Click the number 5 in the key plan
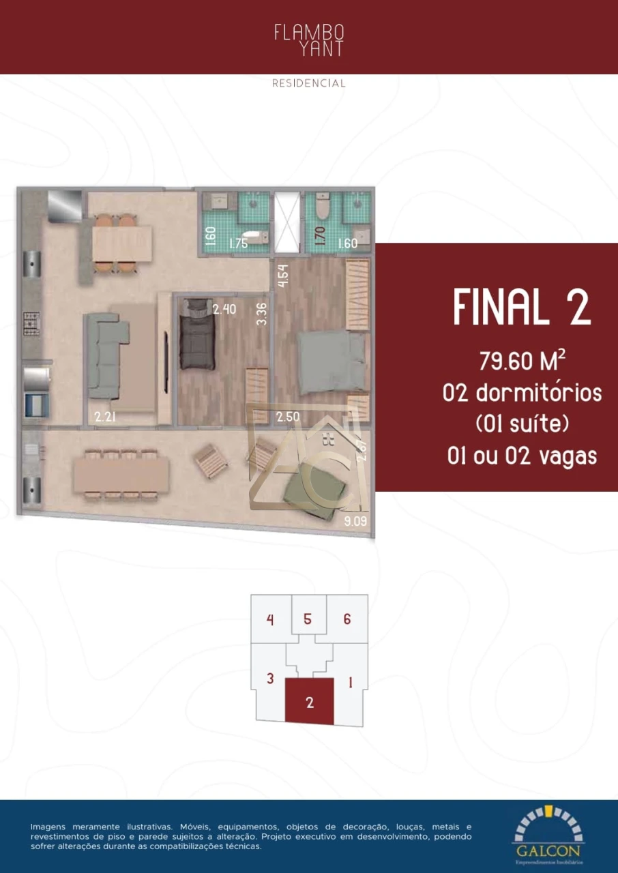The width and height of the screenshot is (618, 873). coord(308,619)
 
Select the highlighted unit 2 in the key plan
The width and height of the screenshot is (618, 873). coord(310,702)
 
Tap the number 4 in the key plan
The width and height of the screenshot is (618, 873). coord(270,620)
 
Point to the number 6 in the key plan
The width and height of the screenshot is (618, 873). coord(347,619)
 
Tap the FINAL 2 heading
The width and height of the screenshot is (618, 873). coord(522,308)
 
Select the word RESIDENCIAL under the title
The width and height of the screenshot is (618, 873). coord(309,84)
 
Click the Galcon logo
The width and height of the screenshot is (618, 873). coord(548,831)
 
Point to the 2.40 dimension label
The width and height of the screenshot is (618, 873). coord(224,310)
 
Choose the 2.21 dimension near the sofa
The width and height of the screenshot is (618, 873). coord(105,417)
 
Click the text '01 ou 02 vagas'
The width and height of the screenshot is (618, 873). coord(523,456)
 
